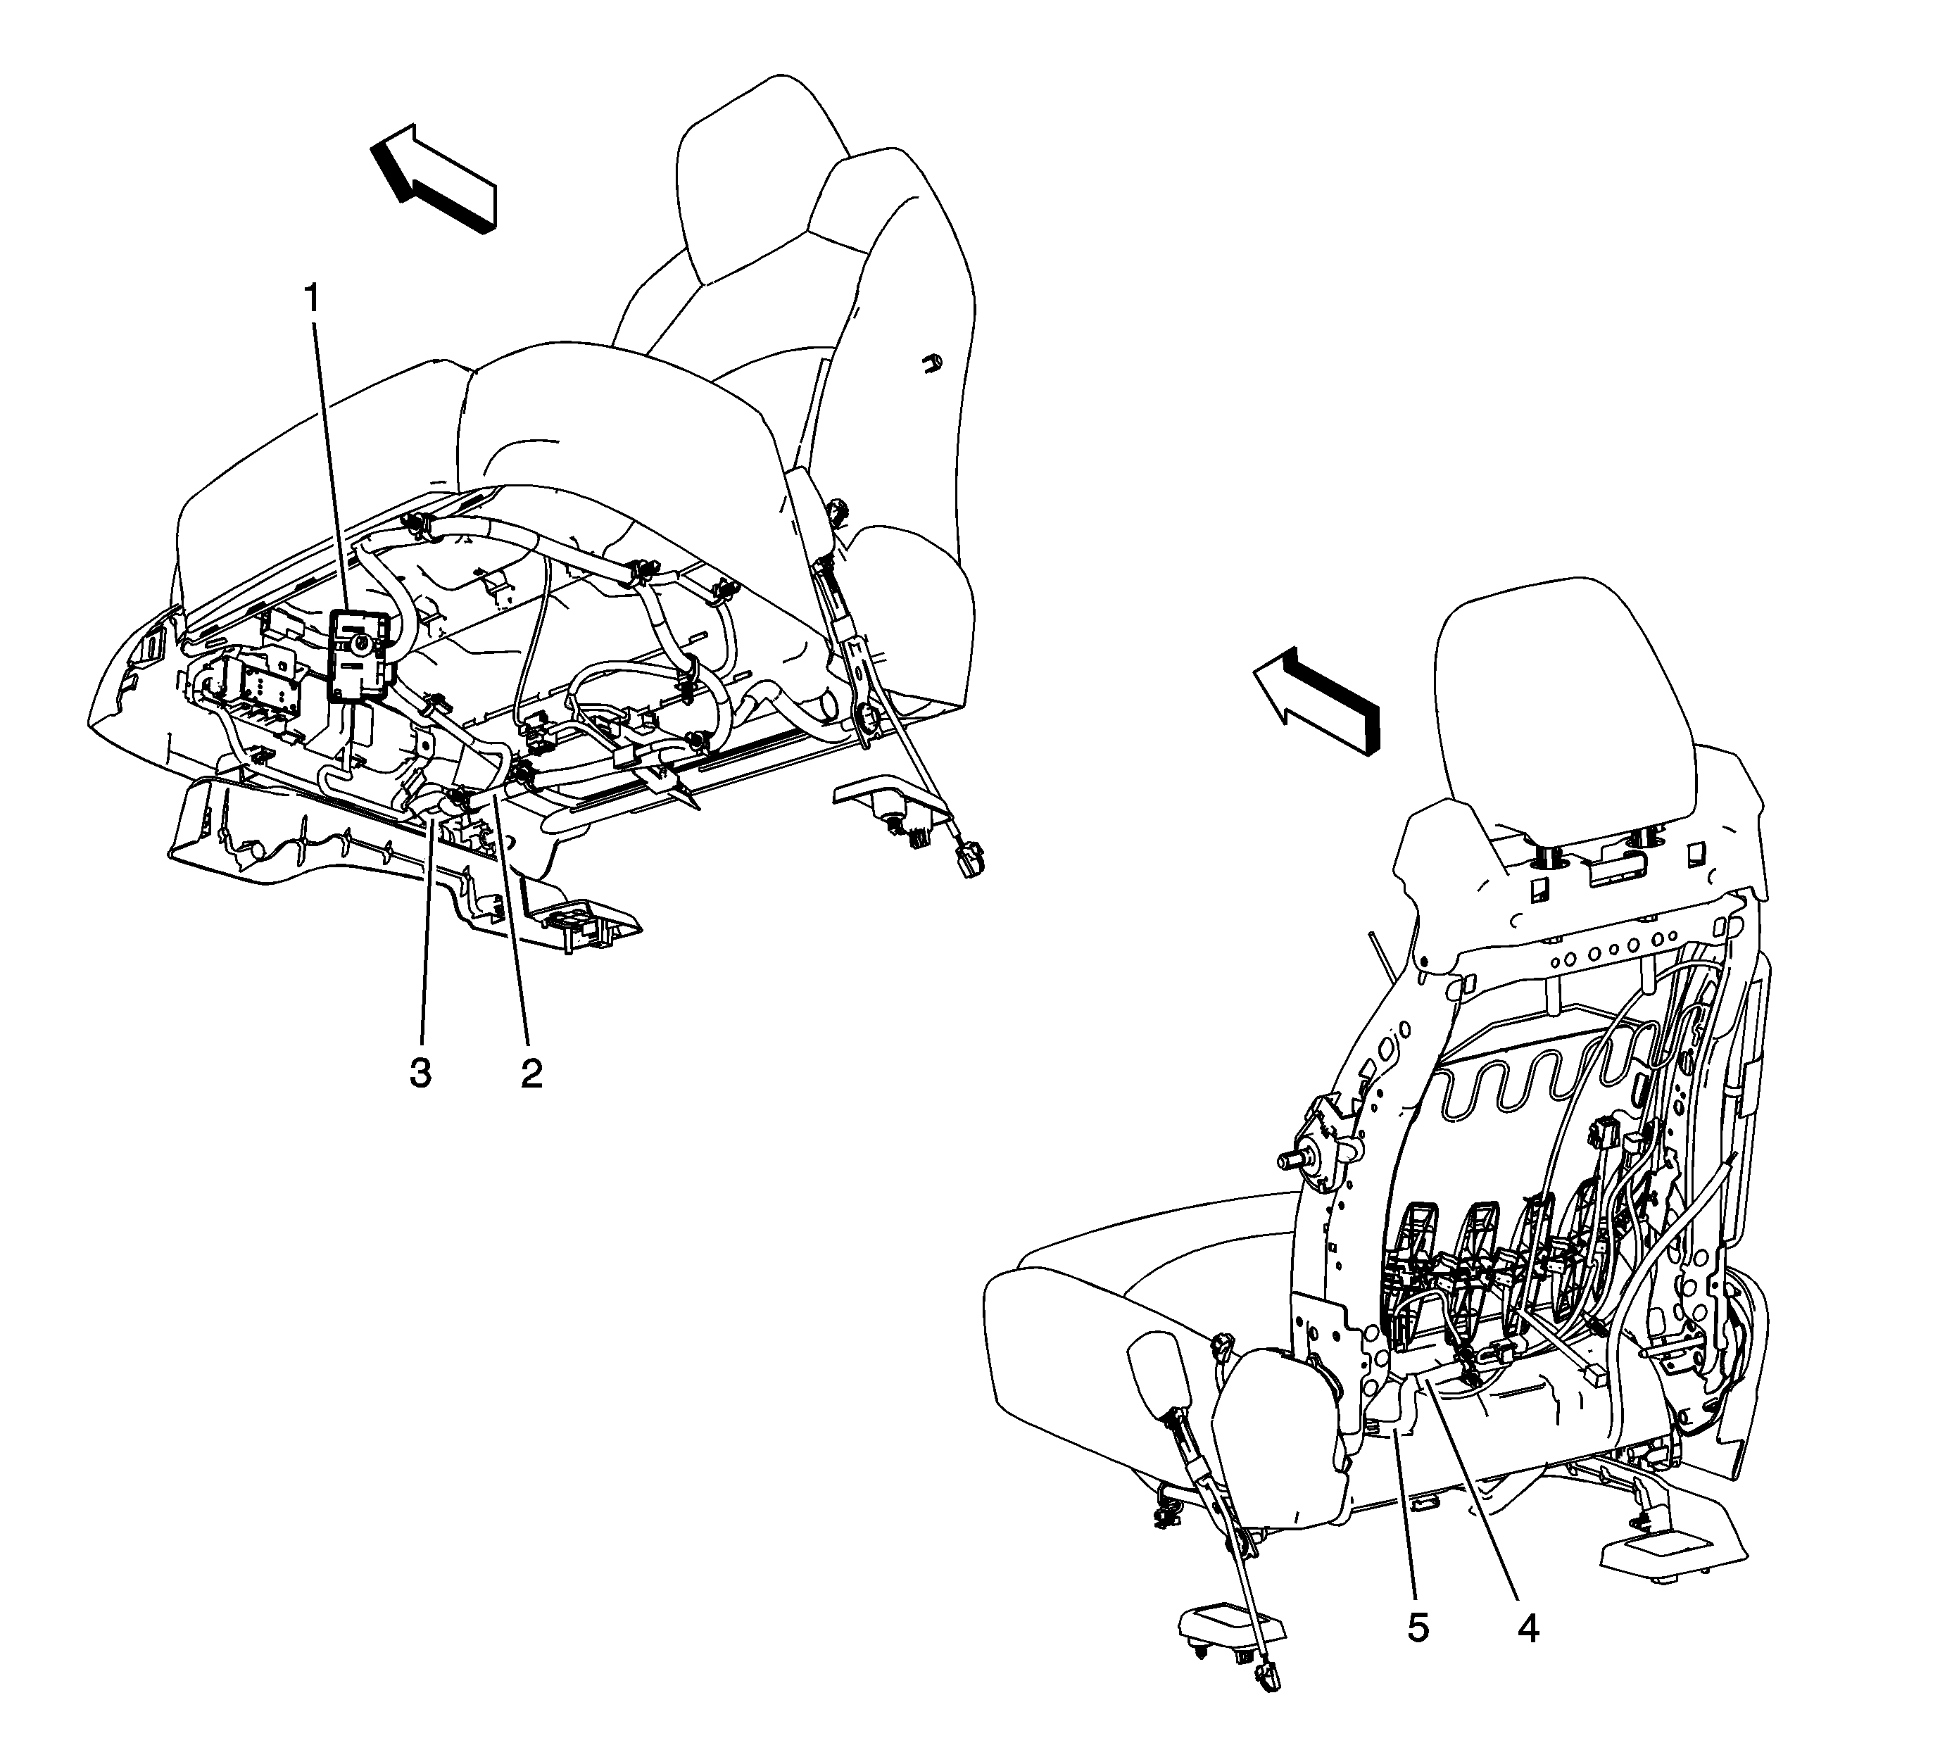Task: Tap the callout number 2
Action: [531, 1072]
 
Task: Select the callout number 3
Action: [420, 1072]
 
